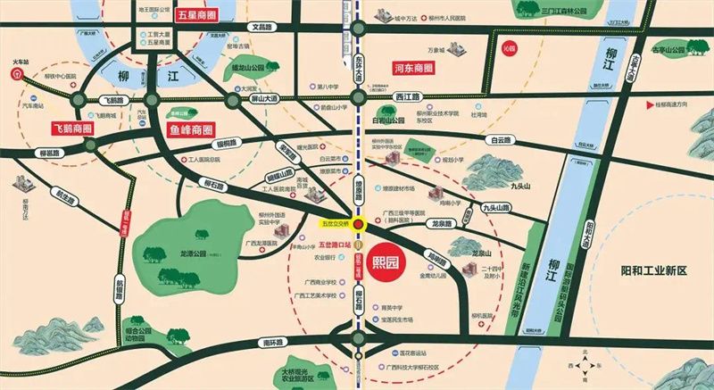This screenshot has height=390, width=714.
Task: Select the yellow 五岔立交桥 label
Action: click(336, 223)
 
